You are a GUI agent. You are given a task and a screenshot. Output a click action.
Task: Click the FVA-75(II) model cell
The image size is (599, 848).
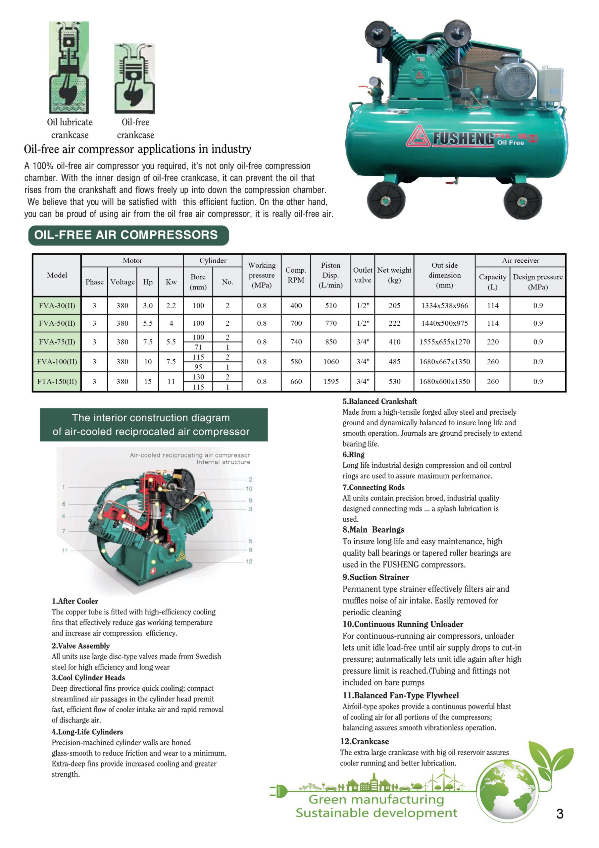57,342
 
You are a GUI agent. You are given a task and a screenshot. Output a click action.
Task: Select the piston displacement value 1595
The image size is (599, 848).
330,381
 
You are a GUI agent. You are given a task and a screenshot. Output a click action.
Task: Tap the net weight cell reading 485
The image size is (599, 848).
394,362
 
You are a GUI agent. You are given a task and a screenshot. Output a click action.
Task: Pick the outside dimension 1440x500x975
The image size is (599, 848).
444,323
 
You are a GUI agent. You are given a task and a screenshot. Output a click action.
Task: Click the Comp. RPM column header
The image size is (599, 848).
295,275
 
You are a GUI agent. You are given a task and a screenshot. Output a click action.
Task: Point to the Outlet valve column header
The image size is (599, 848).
362,275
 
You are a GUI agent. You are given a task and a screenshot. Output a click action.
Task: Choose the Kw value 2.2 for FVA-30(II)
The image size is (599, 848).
171,305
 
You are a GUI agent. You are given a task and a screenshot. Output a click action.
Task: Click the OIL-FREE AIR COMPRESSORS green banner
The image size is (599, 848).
128,235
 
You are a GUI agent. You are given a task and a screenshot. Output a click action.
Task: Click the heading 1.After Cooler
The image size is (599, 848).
75,601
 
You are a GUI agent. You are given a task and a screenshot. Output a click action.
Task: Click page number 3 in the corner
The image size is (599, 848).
559,814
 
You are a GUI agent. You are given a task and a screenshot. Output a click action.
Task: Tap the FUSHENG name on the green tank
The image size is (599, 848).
463,138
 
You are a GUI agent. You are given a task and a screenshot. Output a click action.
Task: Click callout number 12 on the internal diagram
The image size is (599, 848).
249,561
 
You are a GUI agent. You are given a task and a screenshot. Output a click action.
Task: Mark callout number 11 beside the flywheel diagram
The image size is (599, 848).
65,550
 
